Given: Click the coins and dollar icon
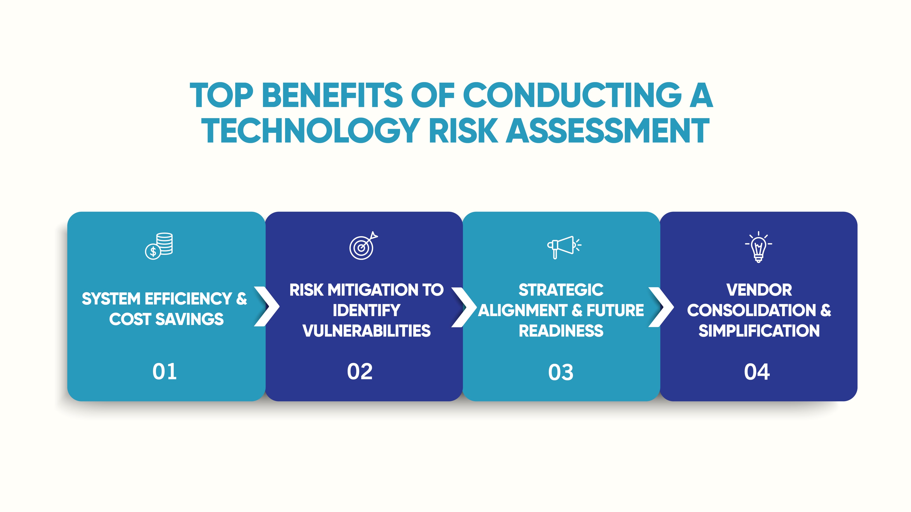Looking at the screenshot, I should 159,246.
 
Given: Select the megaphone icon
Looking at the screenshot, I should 563,246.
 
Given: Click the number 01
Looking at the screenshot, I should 164,372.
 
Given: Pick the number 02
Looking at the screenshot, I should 360,372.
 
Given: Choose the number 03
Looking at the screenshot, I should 561,372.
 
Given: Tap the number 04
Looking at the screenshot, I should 757,372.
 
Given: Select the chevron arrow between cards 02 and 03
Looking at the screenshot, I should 464,307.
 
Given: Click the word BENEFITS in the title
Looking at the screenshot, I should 332,95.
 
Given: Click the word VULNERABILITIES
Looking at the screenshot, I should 366,331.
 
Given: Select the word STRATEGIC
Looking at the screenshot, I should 561,290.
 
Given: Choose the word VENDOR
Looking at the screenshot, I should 759,290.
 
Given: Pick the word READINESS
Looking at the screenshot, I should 561,331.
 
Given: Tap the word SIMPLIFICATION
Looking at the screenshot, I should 759,331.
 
